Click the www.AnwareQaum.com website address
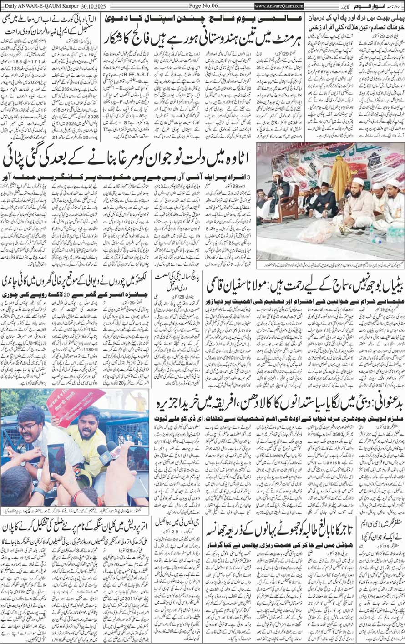[279, 6]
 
